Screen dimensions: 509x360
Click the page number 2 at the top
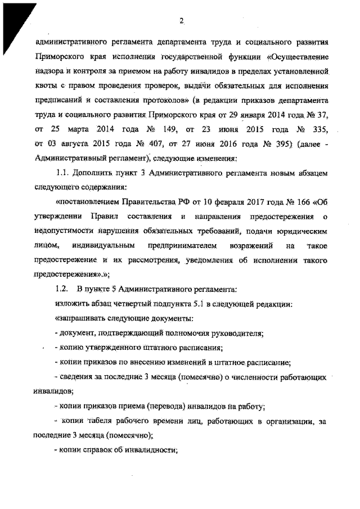pos(182,21)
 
